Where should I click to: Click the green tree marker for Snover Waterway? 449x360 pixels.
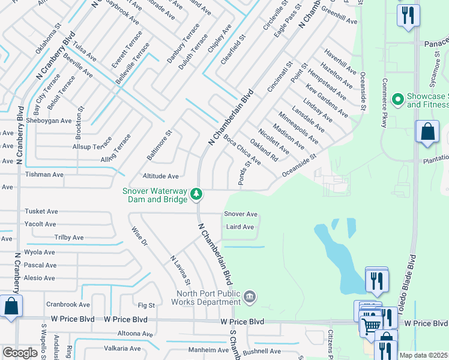pyautogui.click(x=196, y=194)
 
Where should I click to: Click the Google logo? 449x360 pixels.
pyautogui.click(x=20, y=353)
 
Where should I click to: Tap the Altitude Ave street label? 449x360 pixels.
pyautogui.click(x=161, y=176)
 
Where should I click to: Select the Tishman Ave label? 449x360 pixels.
pyautogui.click(x=44, y=175)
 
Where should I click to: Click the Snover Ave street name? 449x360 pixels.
pyautogui.click(x=241, y=214)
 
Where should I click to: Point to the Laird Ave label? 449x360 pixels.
pyautogui.click(x=240, y=227)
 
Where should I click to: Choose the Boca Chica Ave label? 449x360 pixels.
pyautogui.click(x=242, y=149)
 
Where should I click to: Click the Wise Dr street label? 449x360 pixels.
pyautogui.click(x=139, y=236)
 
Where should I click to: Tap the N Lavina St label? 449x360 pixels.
pyautogui.click(x=180, y=269)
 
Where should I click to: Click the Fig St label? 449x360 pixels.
pyautogui.click(x=146, y=305)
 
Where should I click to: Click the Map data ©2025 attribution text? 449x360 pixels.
pyautogui.click(x=424, y=355)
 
